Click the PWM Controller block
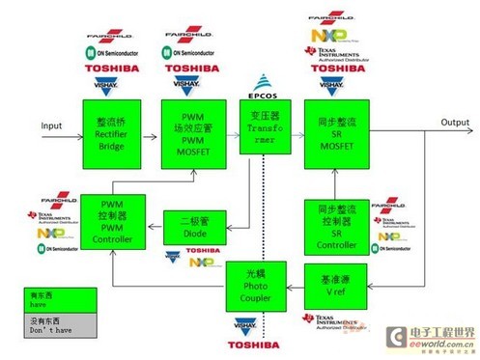click(x=112, y=221)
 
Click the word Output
click(x=429, y=123)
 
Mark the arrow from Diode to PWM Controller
click(x=151, y=227)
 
